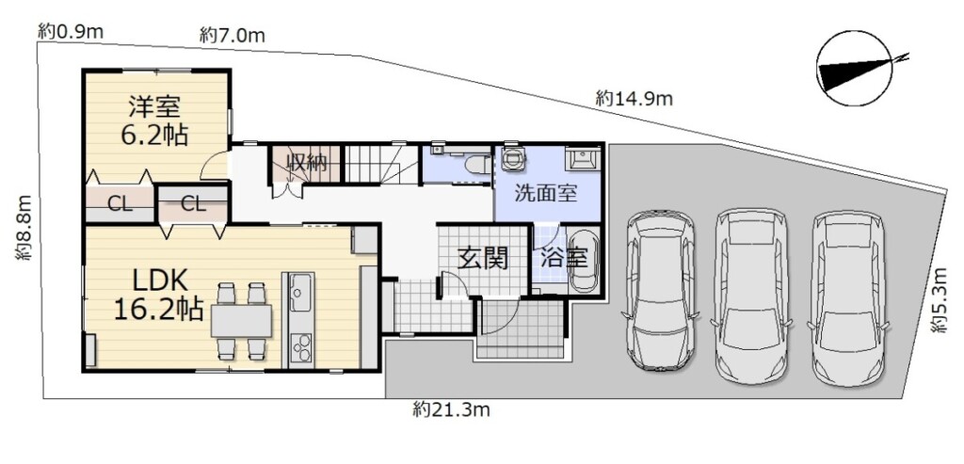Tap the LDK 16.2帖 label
point(158,295)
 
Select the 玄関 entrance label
point(484,260)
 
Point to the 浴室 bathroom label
point(564,258)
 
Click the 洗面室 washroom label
point(545,194)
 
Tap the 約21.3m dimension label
point(451,410)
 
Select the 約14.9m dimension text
point(634,98)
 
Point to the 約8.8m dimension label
point(24,228)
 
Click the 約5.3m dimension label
point(940,300)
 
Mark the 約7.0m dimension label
point(233,36)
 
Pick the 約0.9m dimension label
point(70,31)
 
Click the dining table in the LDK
point(241,320)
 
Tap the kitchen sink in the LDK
point(300,293)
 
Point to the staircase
point(380,164)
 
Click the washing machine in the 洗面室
point(513,158)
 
